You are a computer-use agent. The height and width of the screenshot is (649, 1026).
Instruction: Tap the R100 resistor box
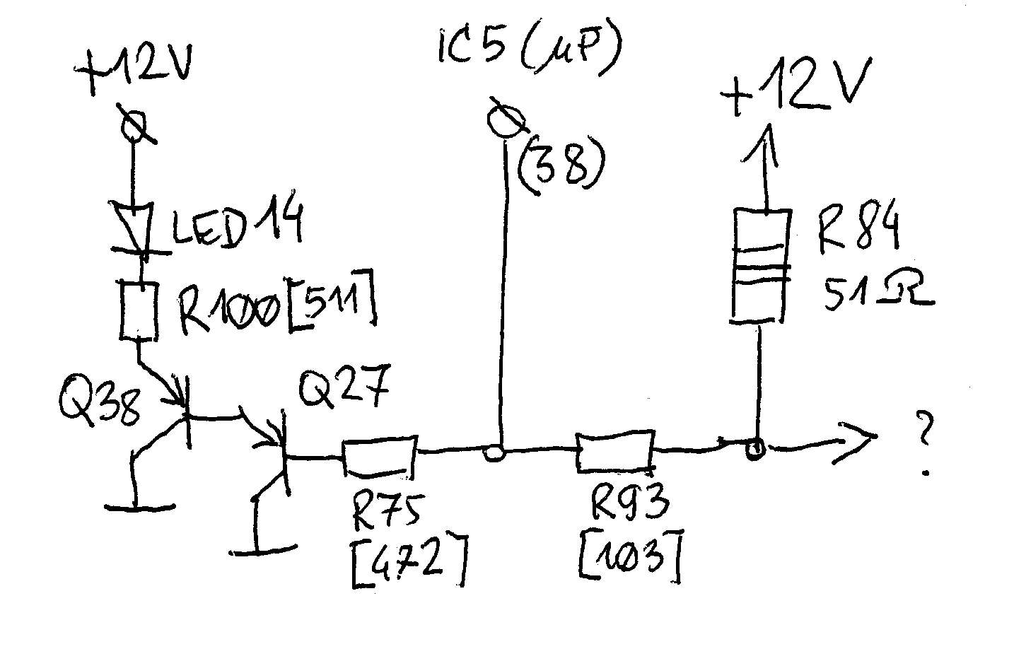tap(139, 310)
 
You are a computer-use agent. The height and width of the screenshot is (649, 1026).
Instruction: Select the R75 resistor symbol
tap(380, 456)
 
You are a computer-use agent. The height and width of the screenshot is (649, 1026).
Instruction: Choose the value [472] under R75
tap(409, 563)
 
